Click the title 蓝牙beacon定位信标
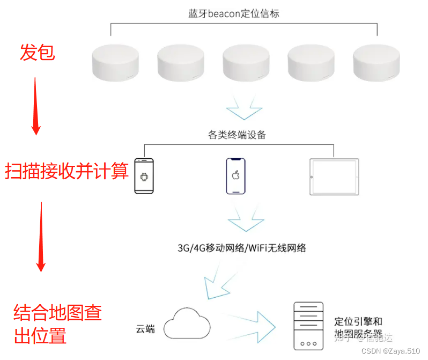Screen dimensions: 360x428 [x=233, y=13]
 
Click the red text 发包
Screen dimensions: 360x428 [x=37, y=53]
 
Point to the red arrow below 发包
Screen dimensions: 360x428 [x=35, y=105]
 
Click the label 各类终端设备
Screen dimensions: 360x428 [x=237, y=135]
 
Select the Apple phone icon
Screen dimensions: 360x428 [x=234, y=176]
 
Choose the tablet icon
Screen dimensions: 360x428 [x=334, y=177]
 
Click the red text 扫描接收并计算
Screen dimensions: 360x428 [x=67, y=171]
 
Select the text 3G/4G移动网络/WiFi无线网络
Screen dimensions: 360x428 [x=242, y=248]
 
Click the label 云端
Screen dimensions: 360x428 [x=145, y=328]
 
